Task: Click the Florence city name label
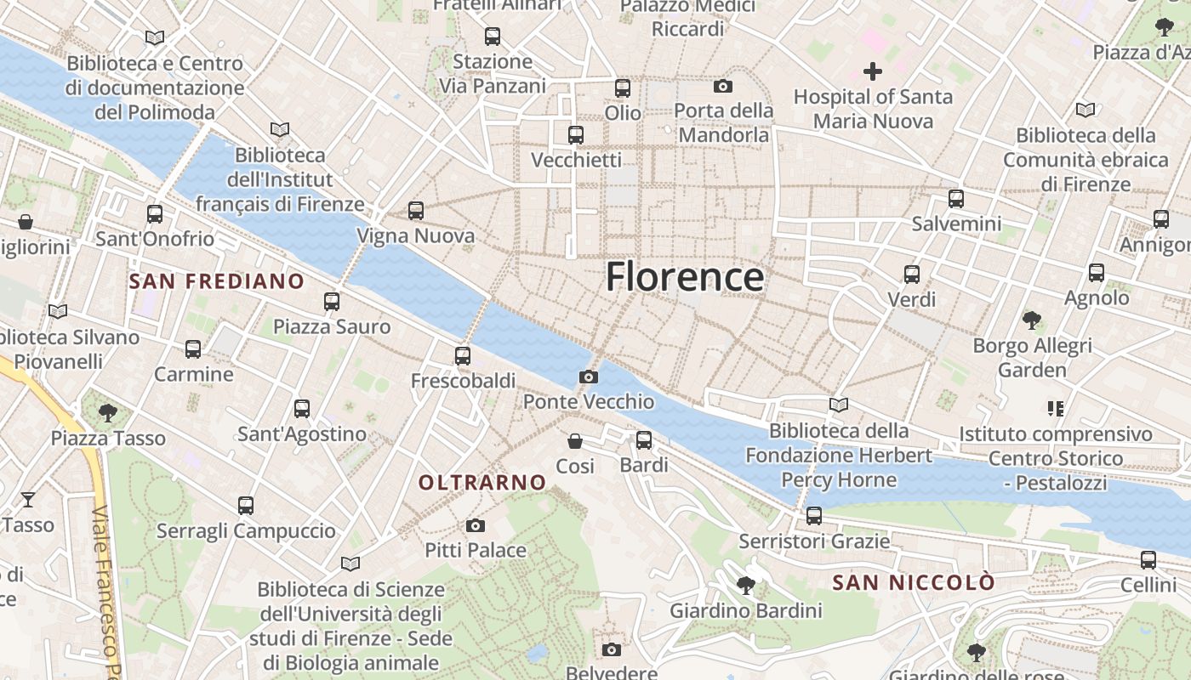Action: click(684, 278)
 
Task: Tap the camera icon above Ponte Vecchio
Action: click(588, 377)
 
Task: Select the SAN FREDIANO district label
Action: click(216, 281)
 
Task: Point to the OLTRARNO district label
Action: click(482, 483)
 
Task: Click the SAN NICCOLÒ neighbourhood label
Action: click(914, 583)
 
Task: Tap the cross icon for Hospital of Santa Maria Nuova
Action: click(873, 71)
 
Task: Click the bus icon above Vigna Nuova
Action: click(415, 210)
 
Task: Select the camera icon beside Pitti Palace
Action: click(476, 526)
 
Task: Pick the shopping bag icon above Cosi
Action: click(575, 441)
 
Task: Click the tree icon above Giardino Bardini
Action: click(746, 586)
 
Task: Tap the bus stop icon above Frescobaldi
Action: click(463, 356)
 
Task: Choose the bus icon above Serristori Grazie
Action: click(814, 516)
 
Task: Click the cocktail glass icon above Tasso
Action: click(28, 499)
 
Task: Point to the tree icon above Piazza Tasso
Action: click(107, 413)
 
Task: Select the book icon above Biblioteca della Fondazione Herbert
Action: click(839, 405)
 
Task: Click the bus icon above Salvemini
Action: click(956, 199)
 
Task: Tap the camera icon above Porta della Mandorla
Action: click(723, 86)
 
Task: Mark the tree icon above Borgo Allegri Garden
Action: click(1032, 320)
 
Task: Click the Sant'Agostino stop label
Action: click(302, 434)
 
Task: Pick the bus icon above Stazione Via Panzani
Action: click(493, 37)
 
